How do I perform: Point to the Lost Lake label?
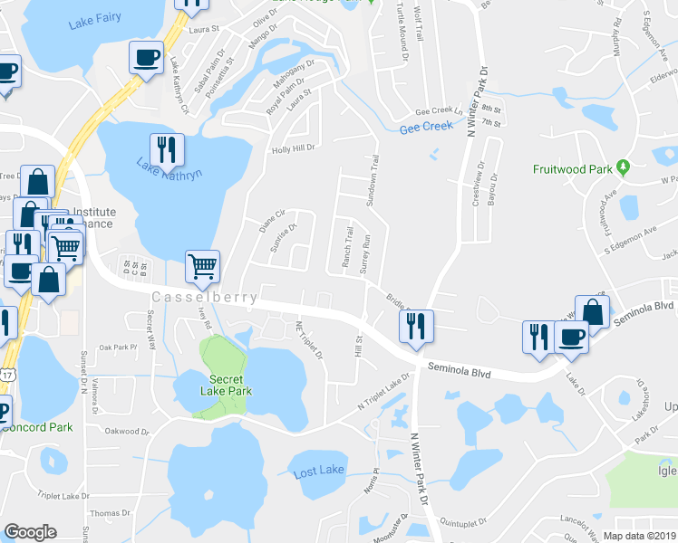click(x=318, y=471)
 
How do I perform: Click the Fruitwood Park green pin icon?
click(x=623, y=167)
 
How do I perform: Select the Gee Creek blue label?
click(x=426, y=128)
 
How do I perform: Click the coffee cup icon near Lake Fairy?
click(x=145, y=58)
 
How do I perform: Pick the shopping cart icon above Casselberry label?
click(x=203, y=265)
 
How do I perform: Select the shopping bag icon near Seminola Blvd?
click(x=592, y=311)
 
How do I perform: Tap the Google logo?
click(x=30, y=532)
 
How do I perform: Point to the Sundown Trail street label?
click(x=372, y=180)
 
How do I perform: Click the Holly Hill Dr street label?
click(x=294, y=148)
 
